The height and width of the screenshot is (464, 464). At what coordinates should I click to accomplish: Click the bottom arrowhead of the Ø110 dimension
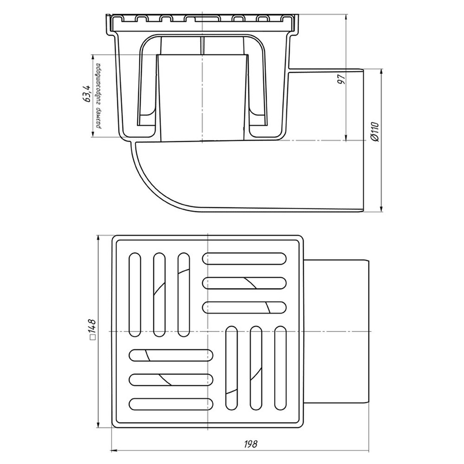tap(382, 208)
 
